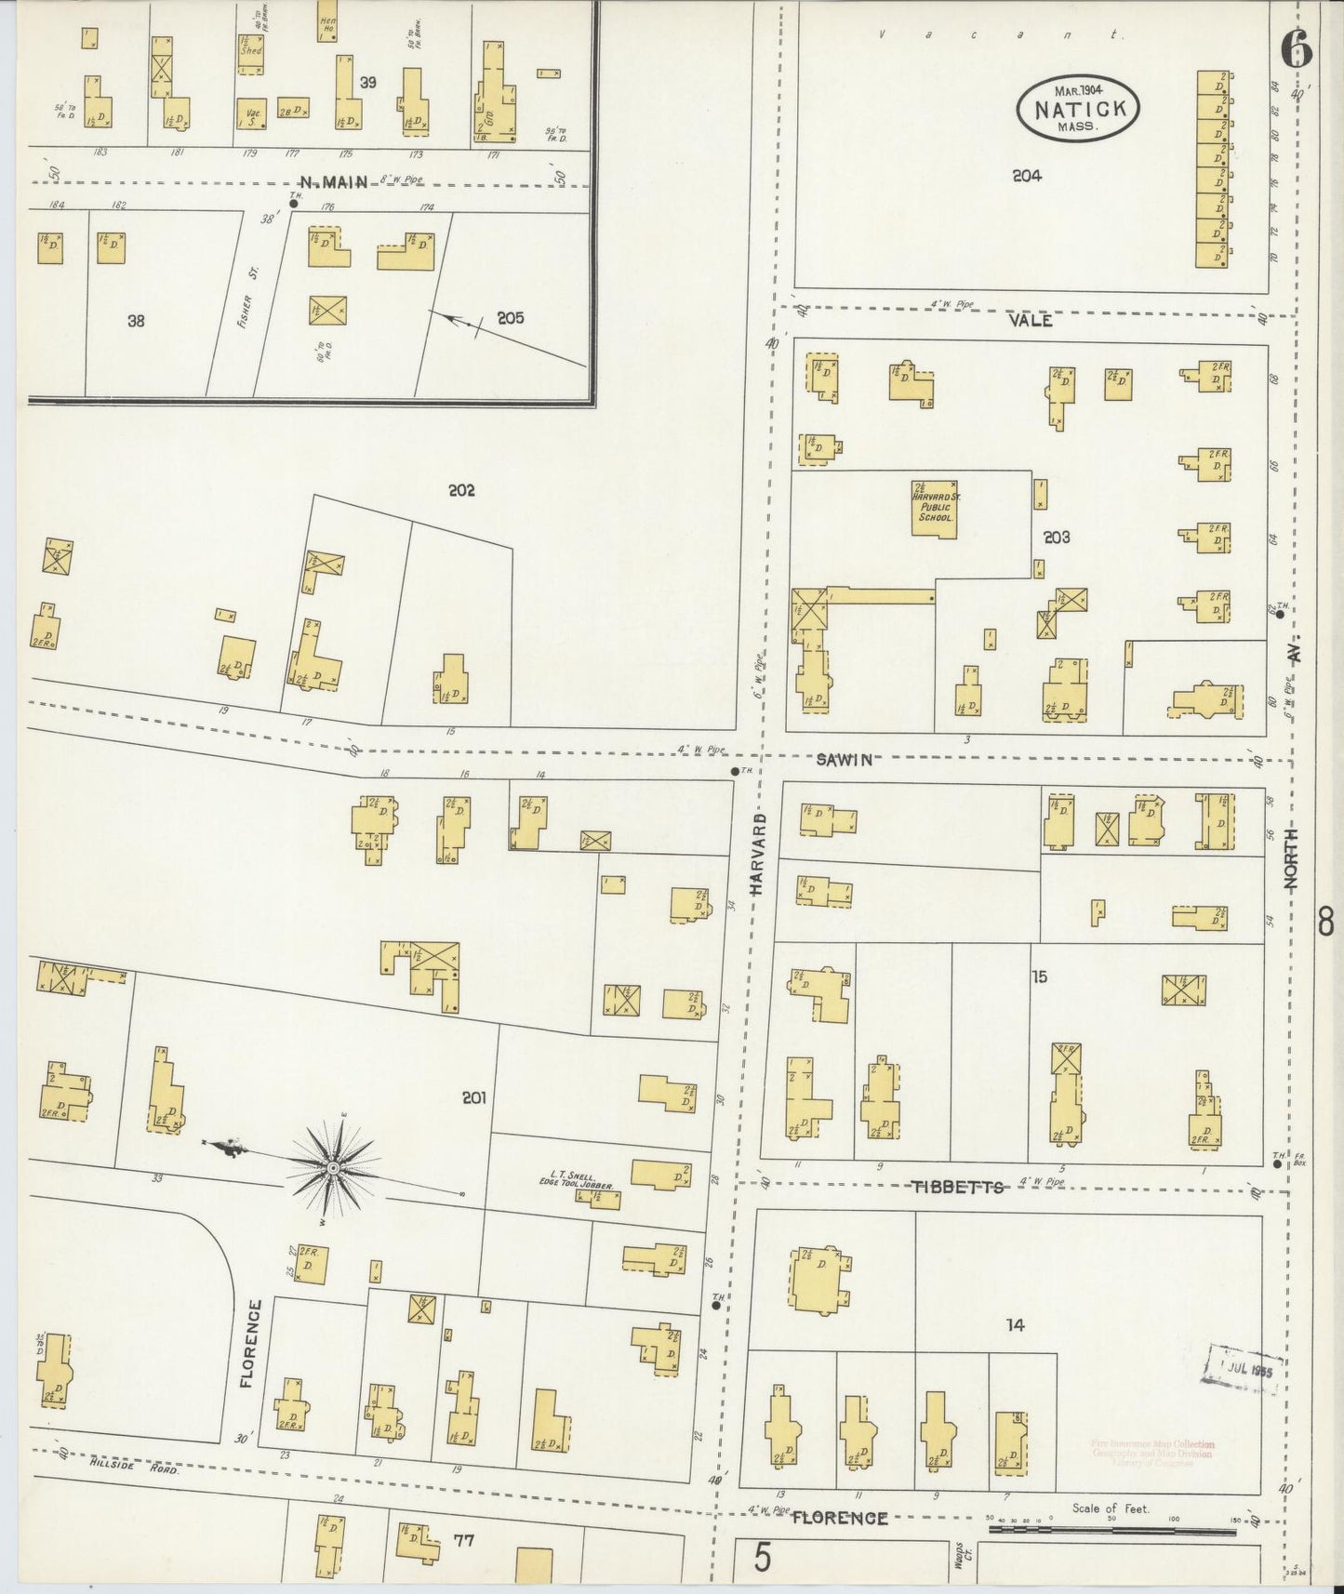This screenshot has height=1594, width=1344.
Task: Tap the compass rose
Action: tap(332, 1166)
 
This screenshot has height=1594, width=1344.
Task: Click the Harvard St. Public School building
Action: tap(934, 509)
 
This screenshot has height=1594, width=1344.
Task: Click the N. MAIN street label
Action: tap(335, 183)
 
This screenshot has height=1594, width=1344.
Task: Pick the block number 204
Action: tap(1027, 176)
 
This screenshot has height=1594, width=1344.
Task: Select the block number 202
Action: tap(461, 490)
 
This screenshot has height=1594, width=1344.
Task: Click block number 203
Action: tap(1057, 537)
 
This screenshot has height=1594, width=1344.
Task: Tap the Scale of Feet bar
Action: tap(1122, 1527)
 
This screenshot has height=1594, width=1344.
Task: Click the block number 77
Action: tap(463, 1540)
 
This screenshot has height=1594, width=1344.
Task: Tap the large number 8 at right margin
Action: tap(1327, 923)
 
